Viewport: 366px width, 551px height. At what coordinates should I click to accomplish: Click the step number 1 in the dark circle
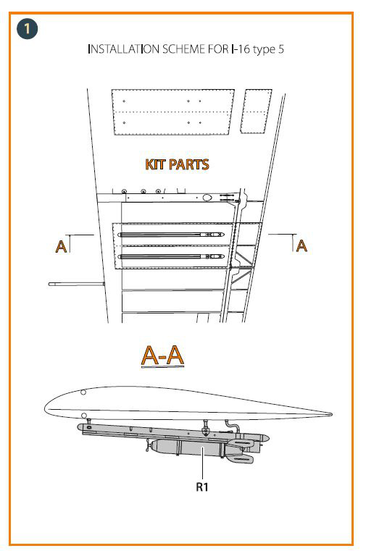[27, 28]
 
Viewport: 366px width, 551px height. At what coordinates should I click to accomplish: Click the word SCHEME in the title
[183, 49]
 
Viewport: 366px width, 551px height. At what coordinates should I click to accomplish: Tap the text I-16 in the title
[241, 49]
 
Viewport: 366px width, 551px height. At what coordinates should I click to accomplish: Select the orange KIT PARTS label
[177, 164]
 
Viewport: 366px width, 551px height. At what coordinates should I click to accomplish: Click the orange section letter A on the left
[61, 246]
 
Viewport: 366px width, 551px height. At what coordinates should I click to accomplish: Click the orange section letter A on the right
[301, 245]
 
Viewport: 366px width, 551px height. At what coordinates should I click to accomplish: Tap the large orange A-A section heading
[162, 356]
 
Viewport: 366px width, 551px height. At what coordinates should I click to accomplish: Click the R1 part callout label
[202, 487]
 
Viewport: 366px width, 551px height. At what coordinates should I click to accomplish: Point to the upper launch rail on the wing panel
[172, 235]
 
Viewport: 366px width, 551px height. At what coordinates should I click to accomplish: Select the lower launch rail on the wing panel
[172, 256]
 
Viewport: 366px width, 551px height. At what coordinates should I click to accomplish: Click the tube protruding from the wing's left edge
[76, 284]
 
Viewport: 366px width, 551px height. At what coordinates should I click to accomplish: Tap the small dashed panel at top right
[256, 111]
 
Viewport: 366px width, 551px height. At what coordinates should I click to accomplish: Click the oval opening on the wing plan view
[207, 198]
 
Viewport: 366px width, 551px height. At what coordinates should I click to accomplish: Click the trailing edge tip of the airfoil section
[331, 415]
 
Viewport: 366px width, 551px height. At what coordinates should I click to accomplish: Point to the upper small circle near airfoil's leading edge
[83, 392]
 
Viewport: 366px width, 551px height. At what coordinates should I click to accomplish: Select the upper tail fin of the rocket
[241, 443]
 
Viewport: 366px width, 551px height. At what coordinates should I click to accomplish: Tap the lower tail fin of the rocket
[241, 458]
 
